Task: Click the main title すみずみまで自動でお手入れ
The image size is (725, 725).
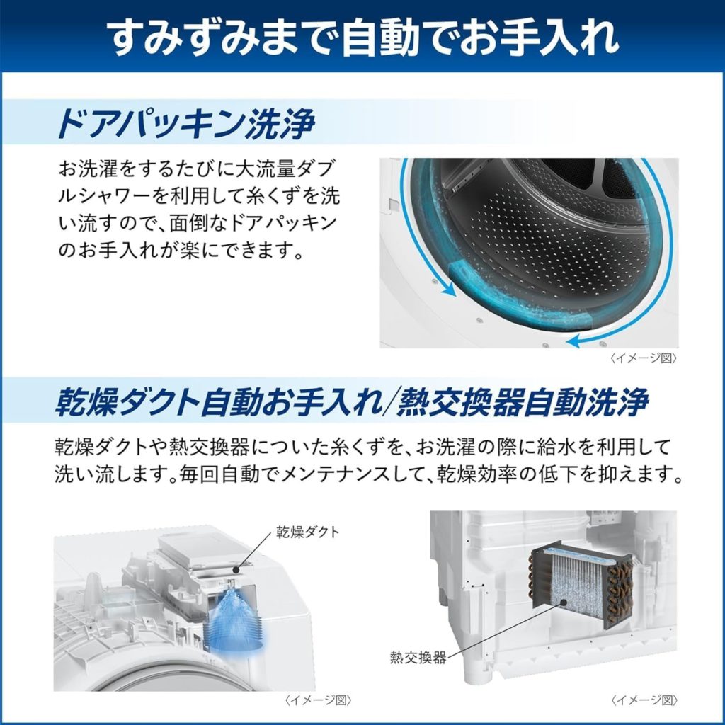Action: (x=362, y=37)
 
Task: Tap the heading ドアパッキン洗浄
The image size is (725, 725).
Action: (x=187, y=124)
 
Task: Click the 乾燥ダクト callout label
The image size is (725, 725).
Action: (x=308, y=532)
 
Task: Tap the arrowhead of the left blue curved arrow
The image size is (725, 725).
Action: (x=447, y=289)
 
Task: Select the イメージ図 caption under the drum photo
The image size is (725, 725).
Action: (x=644, y=359)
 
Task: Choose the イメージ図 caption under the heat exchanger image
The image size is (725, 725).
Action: (x=644, y=701)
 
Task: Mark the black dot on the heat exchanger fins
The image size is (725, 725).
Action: (x=564, y=603)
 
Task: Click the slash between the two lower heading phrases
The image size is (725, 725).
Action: (x=389, y=403)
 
